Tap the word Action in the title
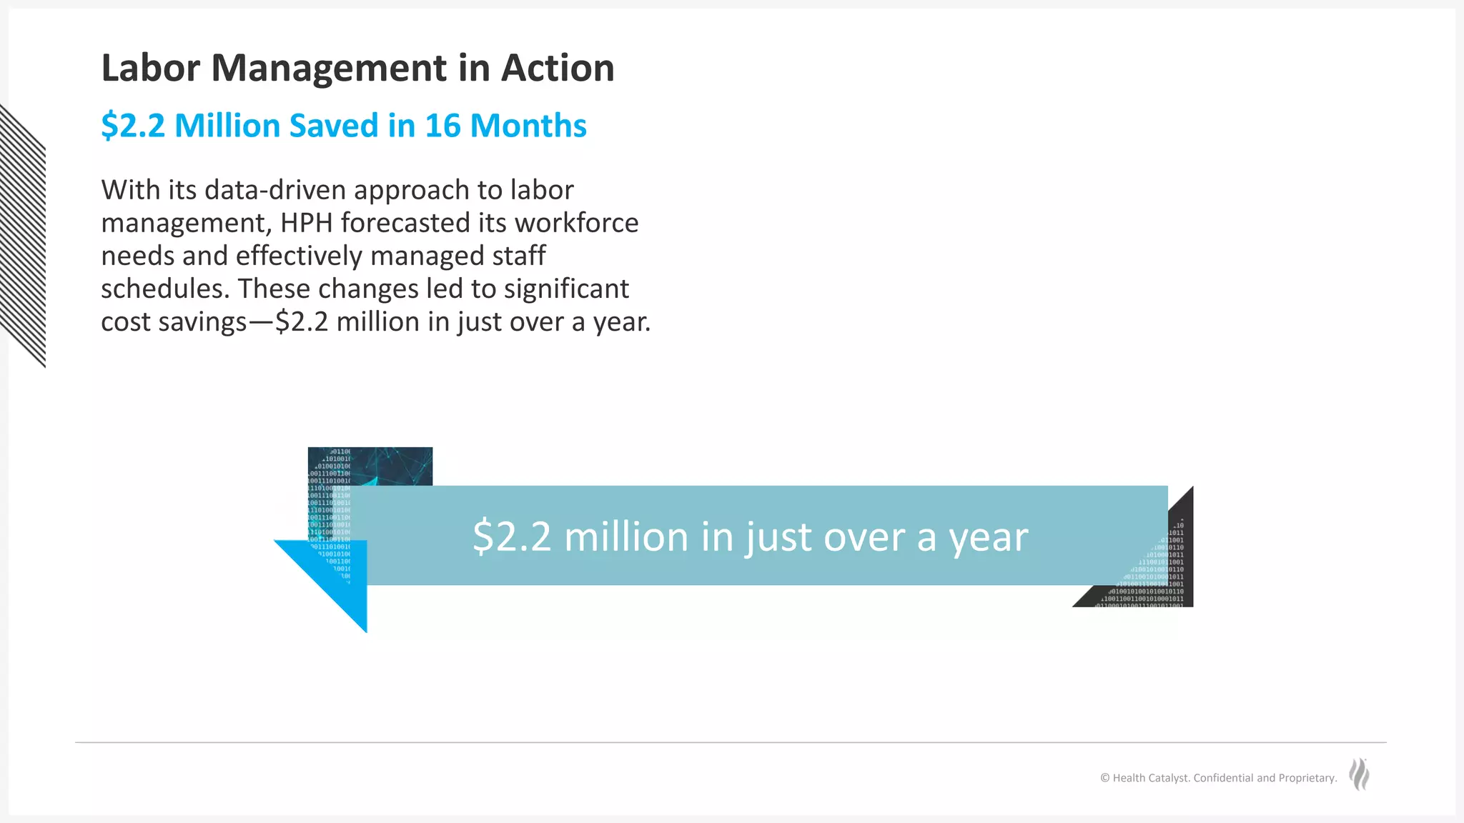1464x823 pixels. pos(558,69)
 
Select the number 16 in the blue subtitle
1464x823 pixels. pos(442,126)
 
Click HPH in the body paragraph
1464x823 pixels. pos(306,223)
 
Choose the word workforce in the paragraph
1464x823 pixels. pos(576,223)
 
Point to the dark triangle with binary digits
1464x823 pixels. pos(1158,572)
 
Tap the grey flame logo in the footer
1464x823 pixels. pos(1359,774)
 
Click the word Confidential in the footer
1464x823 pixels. pos(1223,778)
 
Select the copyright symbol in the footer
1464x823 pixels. pos(1104,778)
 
